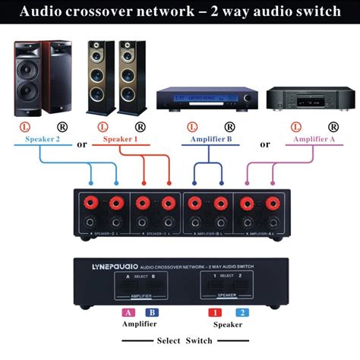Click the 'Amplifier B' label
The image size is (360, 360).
(x=206, y=140)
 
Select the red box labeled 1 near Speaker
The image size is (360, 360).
(x=215, y=312)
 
